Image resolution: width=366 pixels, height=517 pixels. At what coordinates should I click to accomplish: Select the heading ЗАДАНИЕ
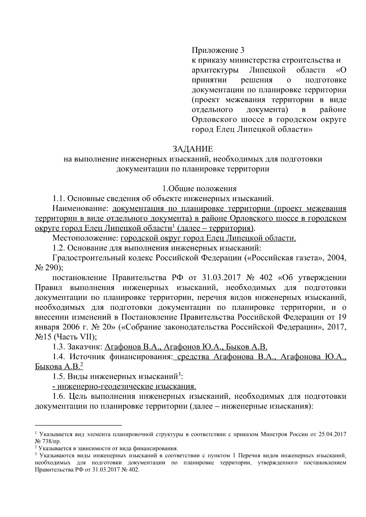coord(193,149)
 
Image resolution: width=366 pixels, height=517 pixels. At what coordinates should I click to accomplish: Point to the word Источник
coord(87,356)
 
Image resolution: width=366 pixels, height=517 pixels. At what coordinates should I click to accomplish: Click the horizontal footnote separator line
coord(78,425)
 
